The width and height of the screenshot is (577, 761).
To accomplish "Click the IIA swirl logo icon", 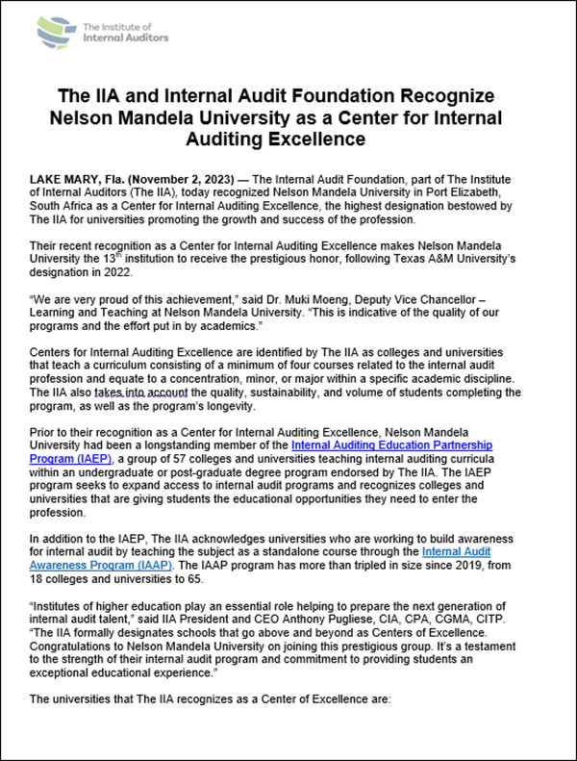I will [56, 32].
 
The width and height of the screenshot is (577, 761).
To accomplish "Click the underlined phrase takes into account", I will [134, 393].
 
